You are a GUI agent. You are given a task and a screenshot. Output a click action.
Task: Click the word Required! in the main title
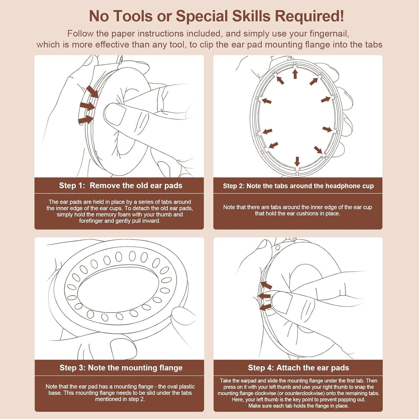coord(309,16)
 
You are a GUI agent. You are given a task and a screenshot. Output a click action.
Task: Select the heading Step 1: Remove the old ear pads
coord(121,186)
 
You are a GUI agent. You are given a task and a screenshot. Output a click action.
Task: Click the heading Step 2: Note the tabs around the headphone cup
coord(298,186)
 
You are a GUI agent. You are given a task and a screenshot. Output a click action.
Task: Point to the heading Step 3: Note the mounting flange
coord(121,368)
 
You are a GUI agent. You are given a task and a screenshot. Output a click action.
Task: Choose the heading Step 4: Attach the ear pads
coord(298,368)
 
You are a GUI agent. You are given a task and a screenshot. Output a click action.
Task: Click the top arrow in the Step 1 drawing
coord(92,92)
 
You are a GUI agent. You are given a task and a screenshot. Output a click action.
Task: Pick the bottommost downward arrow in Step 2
coord(297,162)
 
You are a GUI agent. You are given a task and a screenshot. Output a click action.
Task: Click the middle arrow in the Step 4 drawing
coord(264,296)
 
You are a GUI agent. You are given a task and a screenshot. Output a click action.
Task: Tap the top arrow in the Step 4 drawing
coord(266,285)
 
